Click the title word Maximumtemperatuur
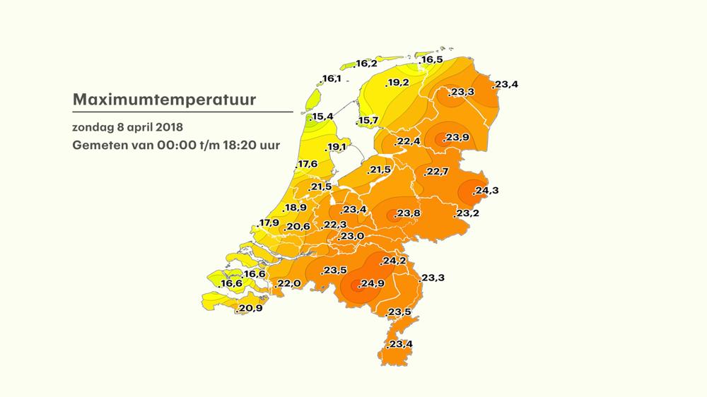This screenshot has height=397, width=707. (164, 100)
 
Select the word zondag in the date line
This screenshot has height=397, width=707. (90, 128)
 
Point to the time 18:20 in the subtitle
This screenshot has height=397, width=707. (237, 146)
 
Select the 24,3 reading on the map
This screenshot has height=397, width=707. (486, 191)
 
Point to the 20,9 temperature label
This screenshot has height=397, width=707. (251, 309)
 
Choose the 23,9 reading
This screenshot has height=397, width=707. (456, 138)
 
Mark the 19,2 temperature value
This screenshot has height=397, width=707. (397, 83)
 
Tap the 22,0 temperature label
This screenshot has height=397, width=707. (289, 284)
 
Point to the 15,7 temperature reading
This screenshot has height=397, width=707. (368, 121)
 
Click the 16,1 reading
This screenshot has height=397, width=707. (331, 78)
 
